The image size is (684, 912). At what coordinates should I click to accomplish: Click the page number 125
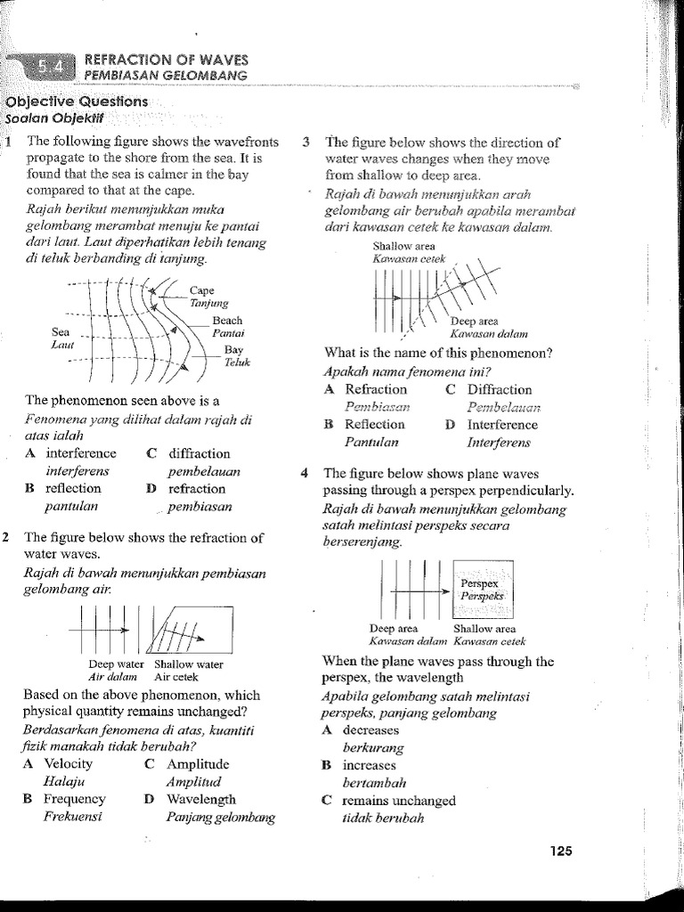coord(559,851)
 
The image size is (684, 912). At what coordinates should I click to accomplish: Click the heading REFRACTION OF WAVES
coord(166,59)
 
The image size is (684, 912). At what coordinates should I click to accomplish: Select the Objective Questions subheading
coord(77,102)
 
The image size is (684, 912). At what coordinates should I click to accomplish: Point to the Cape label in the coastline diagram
coord(202,290)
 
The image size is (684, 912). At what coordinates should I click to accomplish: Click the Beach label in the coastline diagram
coord(227,321)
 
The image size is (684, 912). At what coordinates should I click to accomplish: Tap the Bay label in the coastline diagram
coord(233,349)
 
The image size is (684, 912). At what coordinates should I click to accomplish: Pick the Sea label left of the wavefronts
coord(61,330)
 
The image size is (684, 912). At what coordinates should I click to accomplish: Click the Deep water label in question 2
coord(116,664)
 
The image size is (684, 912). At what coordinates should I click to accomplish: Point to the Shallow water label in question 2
coord(189,664)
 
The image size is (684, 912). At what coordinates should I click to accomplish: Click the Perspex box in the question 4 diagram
coord(482,589)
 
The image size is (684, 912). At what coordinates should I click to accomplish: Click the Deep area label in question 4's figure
coord(393,629)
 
